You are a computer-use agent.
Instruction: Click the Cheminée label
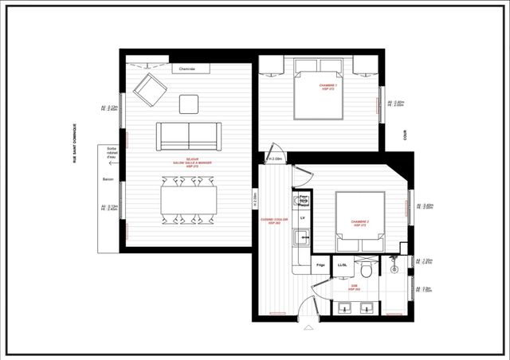pos(188,70)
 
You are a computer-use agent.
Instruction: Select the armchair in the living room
pos(148,89)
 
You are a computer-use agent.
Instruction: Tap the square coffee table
pos(190,104)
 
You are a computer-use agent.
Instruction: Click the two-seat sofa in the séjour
pos(189,135)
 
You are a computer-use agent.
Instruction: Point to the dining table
pos(189,197)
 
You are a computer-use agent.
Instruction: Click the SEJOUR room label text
pos(188,162)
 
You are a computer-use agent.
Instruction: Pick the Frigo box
pos(320,264)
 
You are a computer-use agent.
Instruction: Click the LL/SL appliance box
pos(343,264)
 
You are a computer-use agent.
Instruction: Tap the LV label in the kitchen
pos(303,217)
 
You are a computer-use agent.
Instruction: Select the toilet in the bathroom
pos(366,265)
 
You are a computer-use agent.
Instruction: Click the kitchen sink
pos(302,237)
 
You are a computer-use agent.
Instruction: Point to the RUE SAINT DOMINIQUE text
pos(75,143)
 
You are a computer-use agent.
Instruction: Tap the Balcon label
pos(108,180)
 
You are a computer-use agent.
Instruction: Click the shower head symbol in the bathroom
pos(394,262)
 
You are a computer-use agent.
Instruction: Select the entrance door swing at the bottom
pos(308,311)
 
